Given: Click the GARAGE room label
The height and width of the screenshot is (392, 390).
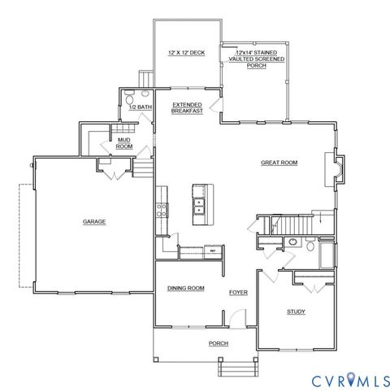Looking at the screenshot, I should click(x=93, y=221).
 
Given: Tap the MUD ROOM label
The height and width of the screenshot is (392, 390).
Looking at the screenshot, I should click(x=124, y=143).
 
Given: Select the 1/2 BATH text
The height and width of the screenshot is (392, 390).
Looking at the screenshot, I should click(x=141, y=107).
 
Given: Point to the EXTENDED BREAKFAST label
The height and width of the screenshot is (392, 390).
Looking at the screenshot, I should click(x=186, y=107).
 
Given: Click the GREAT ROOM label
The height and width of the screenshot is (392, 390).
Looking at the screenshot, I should click(x=279, y=163).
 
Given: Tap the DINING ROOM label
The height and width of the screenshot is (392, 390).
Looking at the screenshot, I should click(x=185, y=289).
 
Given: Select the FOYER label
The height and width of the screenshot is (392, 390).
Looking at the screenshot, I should click(x=237, y=291).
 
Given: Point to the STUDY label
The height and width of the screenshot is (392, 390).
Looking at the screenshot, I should click(x=296, y=311).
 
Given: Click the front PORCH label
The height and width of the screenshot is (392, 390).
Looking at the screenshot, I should click(x=218, y=344).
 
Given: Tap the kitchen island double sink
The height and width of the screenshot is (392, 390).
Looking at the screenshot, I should click(x=199, y=203).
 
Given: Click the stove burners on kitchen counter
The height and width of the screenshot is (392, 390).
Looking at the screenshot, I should click(x=162, y=208).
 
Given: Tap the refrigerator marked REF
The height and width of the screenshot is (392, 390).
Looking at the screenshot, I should click(x=213, y=251).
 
